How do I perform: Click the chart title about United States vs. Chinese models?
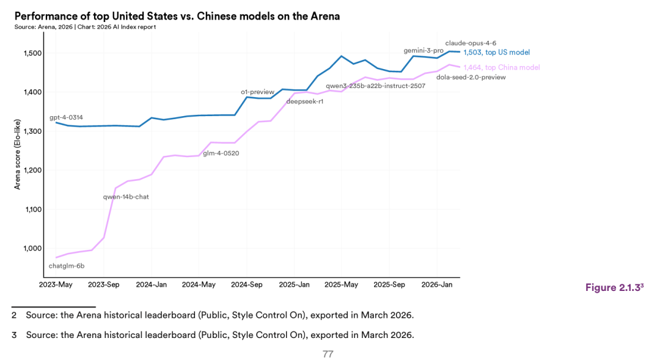tap(177, 17)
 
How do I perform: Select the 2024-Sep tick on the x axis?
tap(247, 285)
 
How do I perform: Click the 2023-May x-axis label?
tap(56, 285)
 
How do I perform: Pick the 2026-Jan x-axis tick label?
tap(437, 285)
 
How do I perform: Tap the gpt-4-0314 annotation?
tap(67, 117)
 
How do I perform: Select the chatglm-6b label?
tap(66, 266)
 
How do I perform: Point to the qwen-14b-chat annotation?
tap(126, 197)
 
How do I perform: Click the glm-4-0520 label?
tap(221, 153)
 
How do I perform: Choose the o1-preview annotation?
tap(258, 92)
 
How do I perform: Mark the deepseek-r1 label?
tap(304, 101)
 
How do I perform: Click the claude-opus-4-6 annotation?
tap(471, 43)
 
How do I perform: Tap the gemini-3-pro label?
tap(424, 50)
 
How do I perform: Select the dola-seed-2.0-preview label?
tap(471, 77)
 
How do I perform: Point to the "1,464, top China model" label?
tap(501, 67)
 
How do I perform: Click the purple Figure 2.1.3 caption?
tap(614, 287)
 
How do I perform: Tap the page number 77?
tap(328, 354)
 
